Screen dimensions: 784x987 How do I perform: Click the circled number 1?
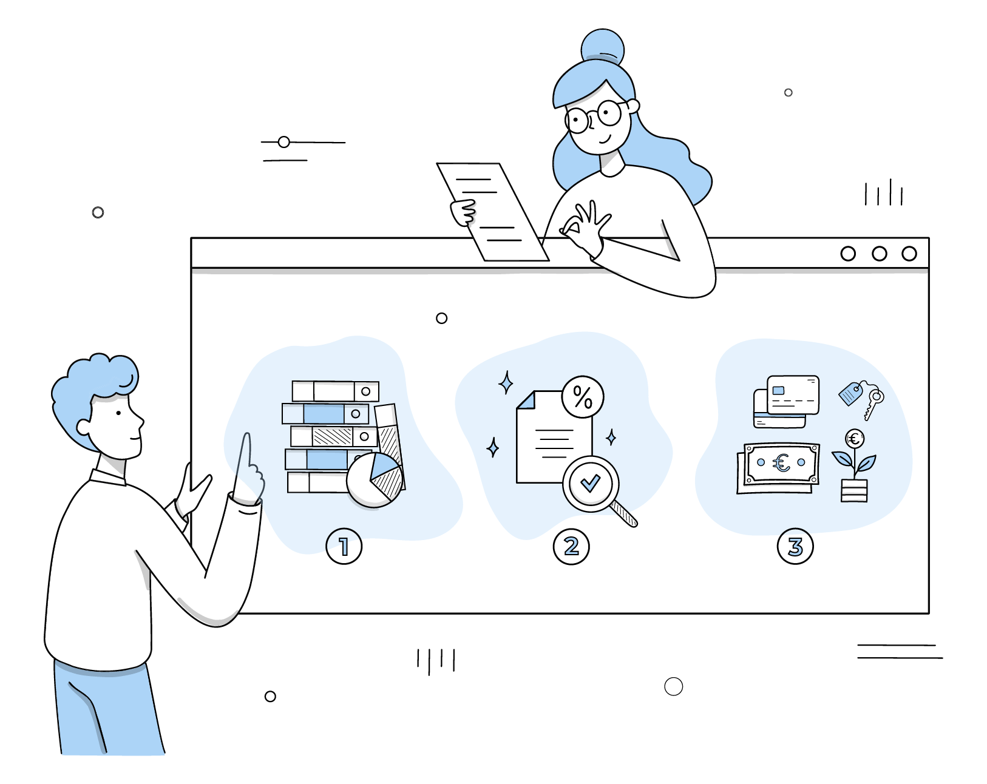[x=344, y=546]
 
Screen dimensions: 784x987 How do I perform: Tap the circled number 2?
[x=571, y=546]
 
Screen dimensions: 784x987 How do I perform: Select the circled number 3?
[x=795, y=546]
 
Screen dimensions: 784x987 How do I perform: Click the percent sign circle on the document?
[x=583, y=397]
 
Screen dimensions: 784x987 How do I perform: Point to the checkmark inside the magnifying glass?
[x=590, y=484]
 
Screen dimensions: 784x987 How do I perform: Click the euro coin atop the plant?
[x=855, y=438]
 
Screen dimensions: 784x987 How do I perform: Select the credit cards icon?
[x=786, y=400]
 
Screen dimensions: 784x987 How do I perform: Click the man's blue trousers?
[x=109, y=710]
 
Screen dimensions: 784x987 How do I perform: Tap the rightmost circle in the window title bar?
[x=909, y=254]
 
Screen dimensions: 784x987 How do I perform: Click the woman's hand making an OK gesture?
[x=586, y=231]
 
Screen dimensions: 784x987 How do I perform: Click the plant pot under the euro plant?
[x=854, y=490]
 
